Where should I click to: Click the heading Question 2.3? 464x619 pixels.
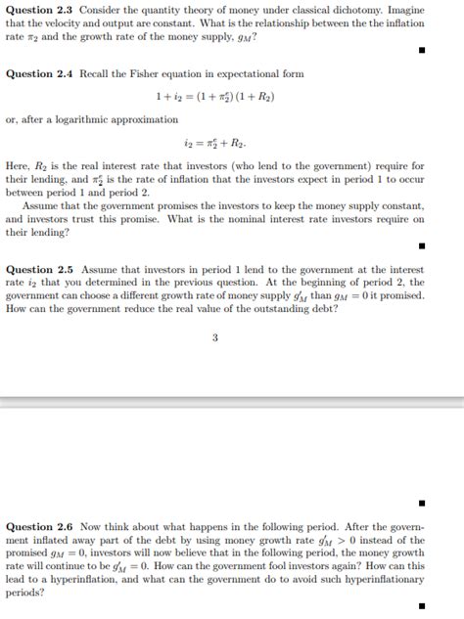tap(40, 9)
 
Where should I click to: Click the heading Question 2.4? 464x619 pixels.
tap(40, 74)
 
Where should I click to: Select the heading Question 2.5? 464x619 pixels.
tap(40, 269)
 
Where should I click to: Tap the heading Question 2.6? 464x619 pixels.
tap(40, 526)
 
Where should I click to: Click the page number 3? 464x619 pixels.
tap(214, 338)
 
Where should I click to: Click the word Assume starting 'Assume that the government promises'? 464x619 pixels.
tap(42, 206)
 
